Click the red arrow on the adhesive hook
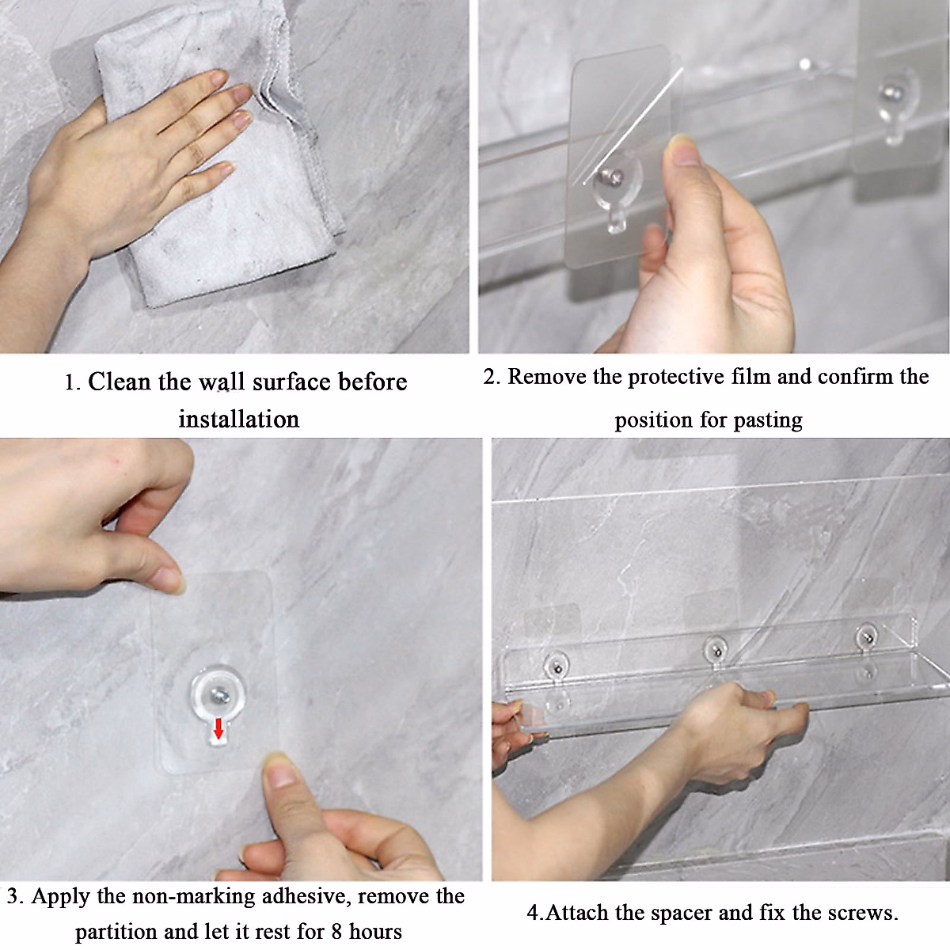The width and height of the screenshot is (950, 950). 218,729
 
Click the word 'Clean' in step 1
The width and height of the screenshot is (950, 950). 119,382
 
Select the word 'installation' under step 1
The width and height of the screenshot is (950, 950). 238,420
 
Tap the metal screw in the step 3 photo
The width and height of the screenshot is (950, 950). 218,697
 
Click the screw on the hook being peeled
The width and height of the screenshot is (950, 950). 610,176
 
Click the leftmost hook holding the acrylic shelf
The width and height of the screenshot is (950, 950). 557,667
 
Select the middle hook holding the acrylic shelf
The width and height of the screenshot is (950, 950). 716,652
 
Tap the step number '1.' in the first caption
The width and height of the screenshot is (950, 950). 72,383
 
